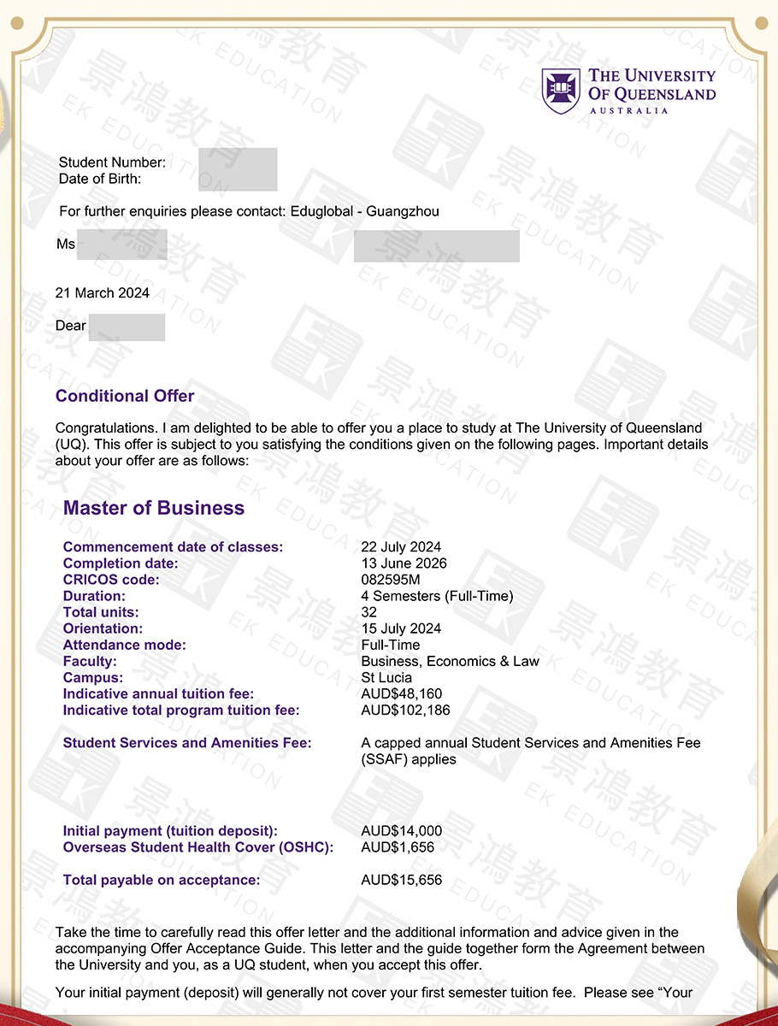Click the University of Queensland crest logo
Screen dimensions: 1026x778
(561, 91)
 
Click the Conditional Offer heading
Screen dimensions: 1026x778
(125, 396)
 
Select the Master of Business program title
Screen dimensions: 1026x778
(154, 508)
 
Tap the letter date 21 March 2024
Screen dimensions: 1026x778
(103, 293)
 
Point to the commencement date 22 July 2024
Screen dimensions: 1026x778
(401, 547)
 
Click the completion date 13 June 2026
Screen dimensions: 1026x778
(404, 563)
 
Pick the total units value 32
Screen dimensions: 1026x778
(369, 612)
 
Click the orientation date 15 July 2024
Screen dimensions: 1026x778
(401, 628)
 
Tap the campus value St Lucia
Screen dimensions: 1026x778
(386, 677)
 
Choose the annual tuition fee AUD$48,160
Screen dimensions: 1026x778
(402, 693)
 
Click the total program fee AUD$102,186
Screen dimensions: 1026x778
(405, 710)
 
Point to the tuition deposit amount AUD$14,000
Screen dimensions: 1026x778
(402, 831)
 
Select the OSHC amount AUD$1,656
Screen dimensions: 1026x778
(398, 847)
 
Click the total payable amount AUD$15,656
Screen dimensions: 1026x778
(402, 880)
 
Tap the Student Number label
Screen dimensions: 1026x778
(112, 162)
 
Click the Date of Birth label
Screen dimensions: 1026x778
(100, 179)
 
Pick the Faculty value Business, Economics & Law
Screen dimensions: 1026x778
(450, 661)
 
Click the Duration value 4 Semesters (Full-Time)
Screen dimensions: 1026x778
(437, 596)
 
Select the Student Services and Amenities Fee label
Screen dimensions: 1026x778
(187, 743)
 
